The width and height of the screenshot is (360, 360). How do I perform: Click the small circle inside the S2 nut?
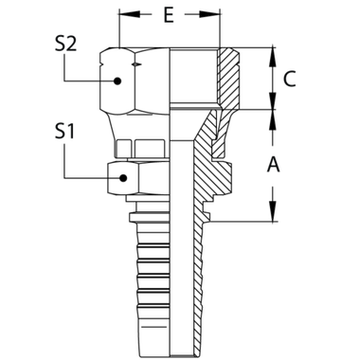tap(117, 82)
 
